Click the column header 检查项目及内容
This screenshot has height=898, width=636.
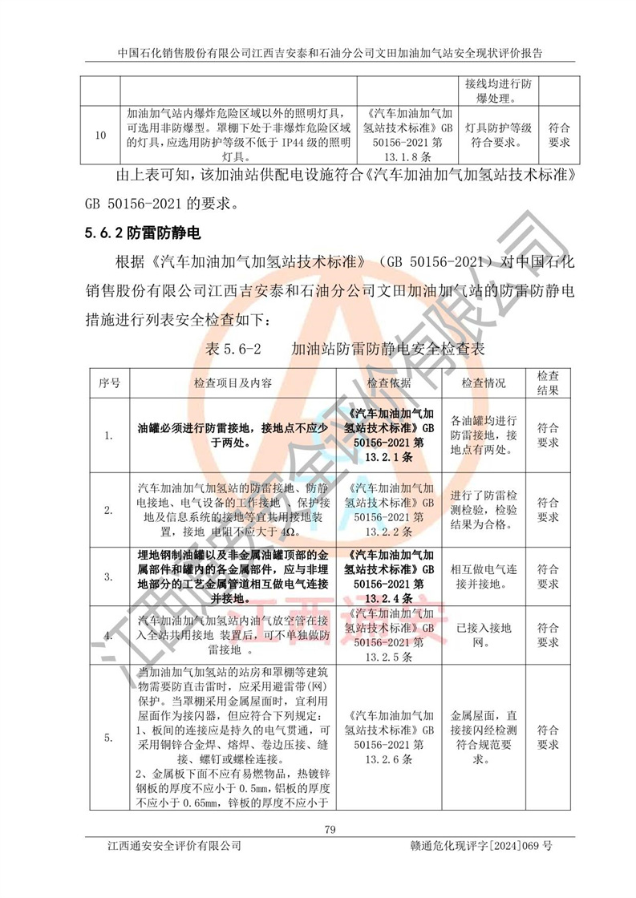(x=233, y=383)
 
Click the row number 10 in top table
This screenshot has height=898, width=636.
(x=99, y=135)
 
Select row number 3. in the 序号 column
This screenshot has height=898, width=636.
(x=108, y=576)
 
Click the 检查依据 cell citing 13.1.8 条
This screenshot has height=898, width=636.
(x=407, y=135)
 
